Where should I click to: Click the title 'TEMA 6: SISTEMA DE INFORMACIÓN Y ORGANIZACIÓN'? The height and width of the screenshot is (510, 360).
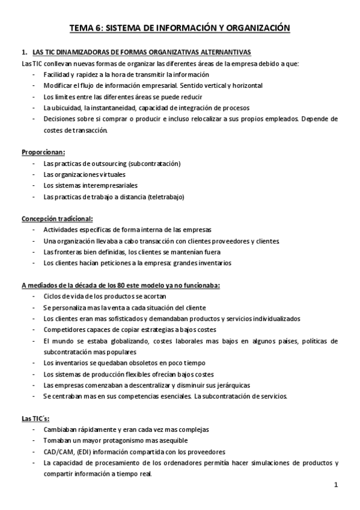tap(180, 28)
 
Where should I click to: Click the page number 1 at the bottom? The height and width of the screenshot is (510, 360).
tap(337, 484)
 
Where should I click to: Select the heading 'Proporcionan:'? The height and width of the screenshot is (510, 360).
tap(43, 152)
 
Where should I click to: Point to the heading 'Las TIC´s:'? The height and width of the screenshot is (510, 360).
tap(36, 419)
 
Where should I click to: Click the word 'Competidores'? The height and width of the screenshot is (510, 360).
tap(64, 330)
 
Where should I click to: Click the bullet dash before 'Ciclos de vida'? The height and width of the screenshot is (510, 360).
tap(31, 297)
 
